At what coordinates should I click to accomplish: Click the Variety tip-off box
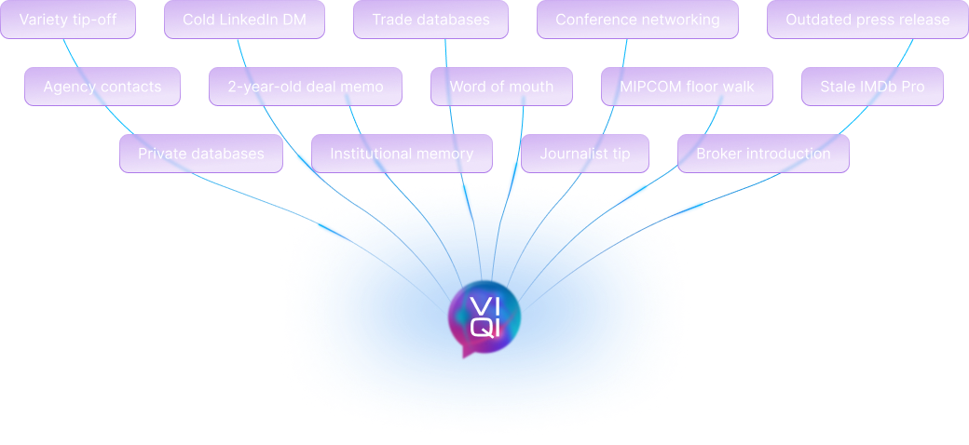pos(68,20)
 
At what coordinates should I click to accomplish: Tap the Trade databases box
pos(430,20)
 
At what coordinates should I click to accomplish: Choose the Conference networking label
pos(637,20)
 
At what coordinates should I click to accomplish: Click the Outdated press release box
pos(867,20)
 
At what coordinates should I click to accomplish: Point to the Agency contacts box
pos(102,87)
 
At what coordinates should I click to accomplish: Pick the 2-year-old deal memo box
pos(306,87)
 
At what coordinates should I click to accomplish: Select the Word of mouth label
pos(501,87)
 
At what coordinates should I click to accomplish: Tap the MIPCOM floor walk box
pos(687,87)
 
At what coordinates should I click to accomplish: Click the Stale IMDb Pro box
pos(872,87)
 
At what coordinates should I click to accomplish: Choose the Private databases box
pos(201,154)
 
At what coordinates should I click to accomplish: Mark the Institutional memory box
pos(402,154)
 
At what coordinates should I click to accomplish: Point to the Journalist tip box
pos(585,154)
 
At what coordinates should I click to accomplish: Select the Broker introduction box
pos(763,154)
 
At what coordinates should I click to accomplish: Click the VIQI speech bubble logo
pos(483,317)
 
